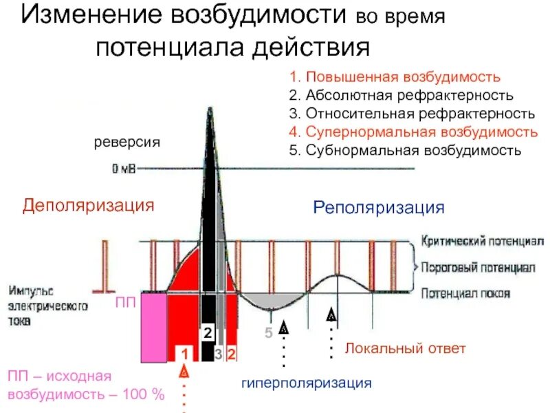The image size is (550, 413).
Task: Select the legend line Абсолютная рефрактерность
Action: (x=401, y=95)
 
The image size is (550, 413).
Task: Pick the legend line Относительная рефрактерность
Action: (x=412, y=113)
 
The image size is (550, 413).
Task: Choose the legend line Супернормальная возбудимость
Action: (x=413, y=131)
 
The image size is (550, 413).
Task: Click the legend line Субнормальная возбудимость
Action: (x=406, y=149)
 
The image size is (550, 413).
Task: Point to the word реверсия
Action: (x=126, y=142)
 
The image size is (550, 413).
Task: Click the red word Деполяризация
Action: (x=88, y=205)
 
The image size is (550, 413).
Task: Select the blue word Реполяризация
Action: (x=379, y=207)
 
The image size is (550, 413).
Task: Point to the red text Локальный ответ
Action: (x=405, y=349)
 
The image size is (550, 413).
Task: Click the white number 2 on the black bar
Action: (x=207, y=333)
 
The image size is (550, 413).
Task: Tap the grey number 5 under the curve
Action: (x=269, y=333)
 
